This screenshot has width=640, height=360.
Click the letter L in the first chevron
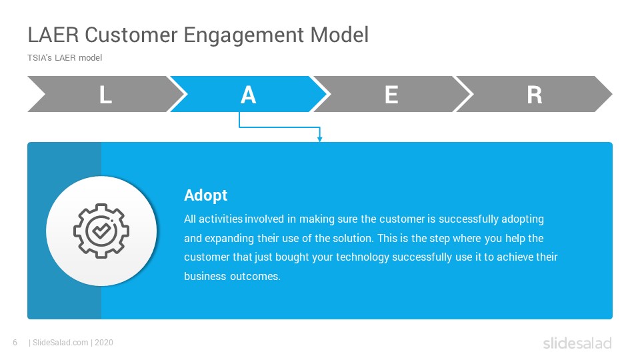pos(105,95)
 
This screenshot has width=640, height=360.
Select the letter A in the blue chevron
pos(248,95)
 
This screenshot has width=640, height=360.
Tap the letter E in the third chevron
pos(391,95)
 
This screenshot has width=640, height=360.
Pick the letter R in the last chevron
pos(534,95)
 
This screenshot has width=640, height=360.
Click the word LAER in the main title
pos(53,35)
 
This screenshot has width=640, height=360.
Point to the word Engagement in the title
pos(244,35)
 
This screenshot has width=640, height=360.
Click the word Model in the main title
pos(339,35)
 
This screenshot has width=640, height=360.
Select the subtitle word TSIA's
pos(39,57)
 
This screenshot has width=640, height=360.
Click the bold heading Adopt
pos(206,195)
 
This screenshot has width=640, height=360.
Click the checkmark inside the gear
pos(101,231)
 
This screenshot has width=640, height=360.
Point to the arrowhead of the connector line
pos(319,139)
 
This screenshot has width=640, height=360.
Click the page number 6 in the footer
pos(15,343)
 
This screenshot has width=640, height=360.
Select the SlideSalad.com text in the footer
pos(61,343)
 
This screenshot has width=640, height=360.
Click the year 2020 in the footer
pos(104,343)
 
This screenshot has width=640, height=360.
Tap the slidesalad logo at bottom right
pos(577,343)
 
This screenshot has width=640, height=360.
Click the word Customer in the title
pos(131,35)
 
